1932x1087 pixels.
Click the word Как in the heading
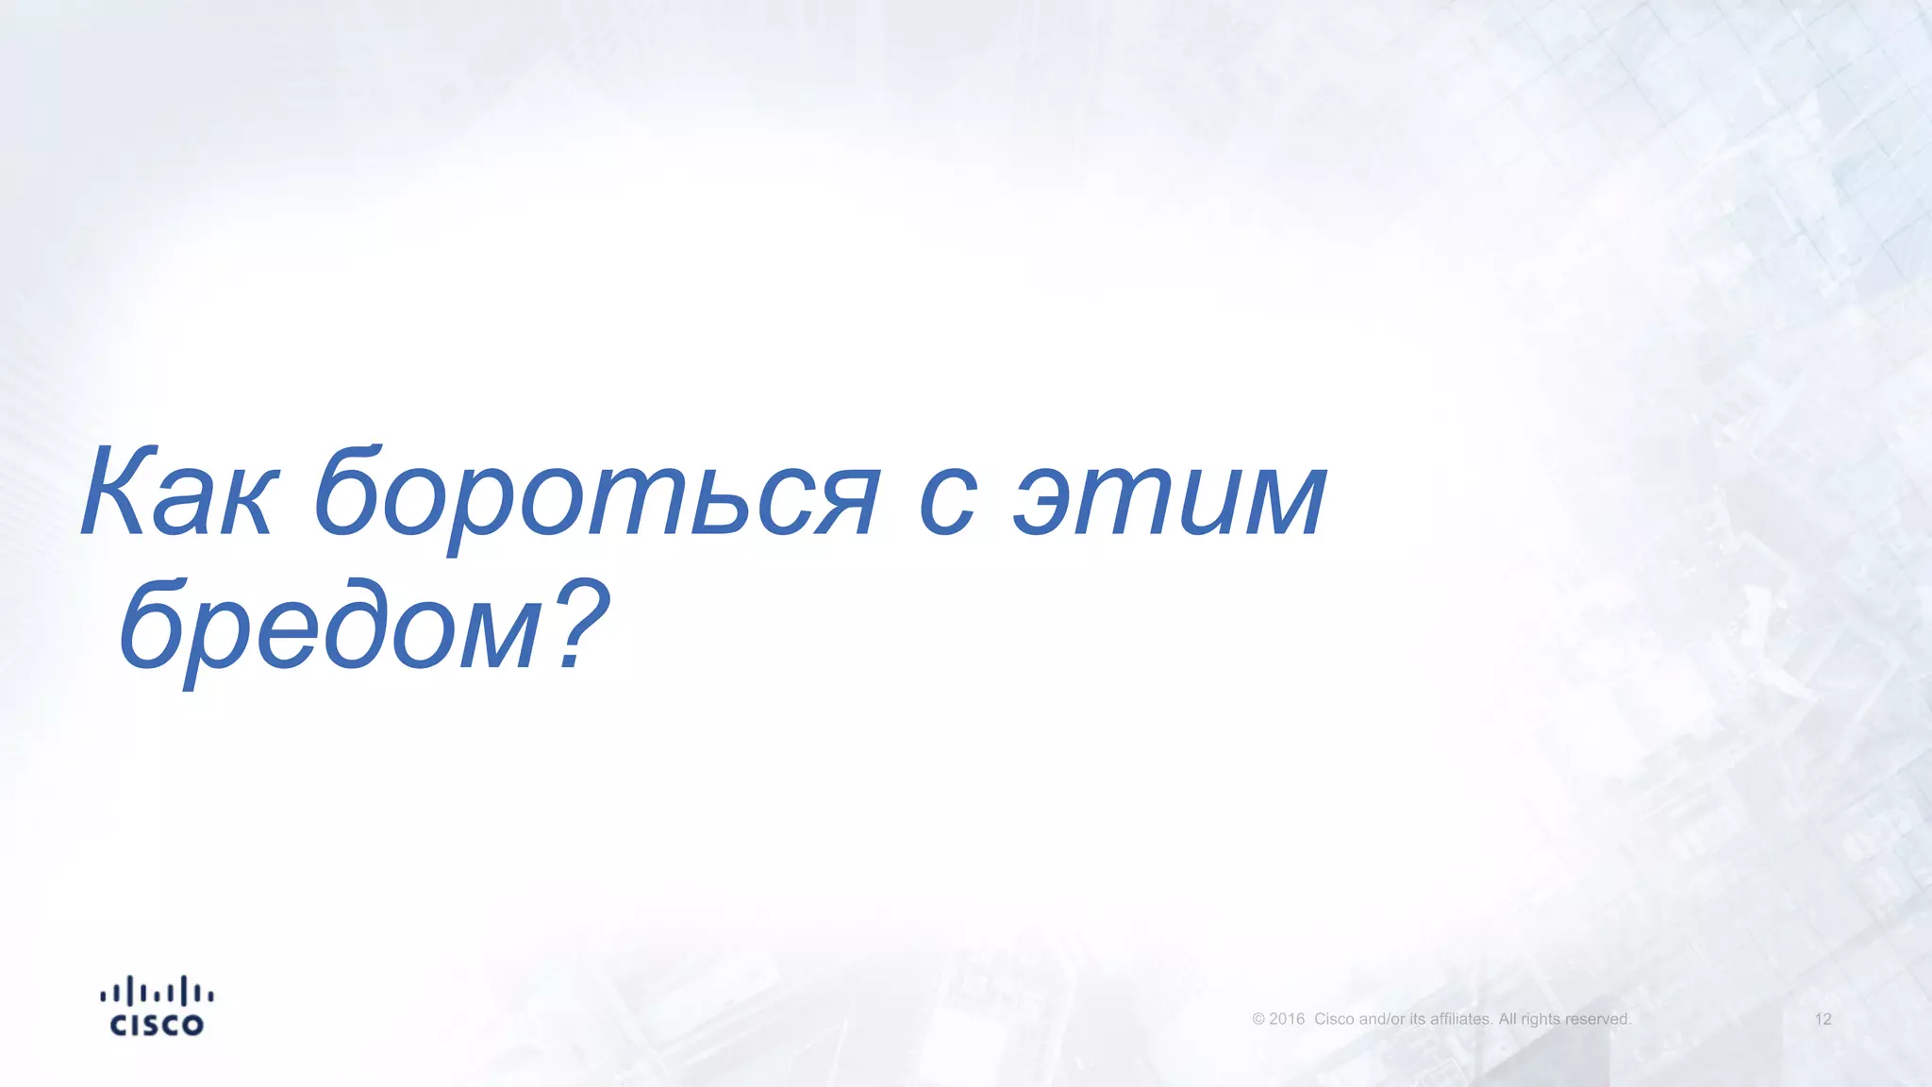179,493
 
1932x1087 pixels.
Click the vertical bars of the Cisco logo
157,992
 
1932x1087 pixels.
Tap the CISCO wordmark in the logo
157,1026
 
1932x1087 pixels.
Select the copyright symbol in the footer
1258,1019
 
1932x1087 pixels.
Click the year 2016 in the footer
1287,1019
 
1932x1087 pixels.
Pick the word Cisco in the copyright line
1334,1019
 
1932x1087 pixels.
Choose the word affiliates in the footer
1461,1019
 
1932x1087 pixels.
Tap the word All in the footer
1507,1019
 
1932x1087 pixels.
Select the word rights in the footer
1541,1019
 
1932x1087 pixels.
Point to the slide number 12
1823,1019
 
